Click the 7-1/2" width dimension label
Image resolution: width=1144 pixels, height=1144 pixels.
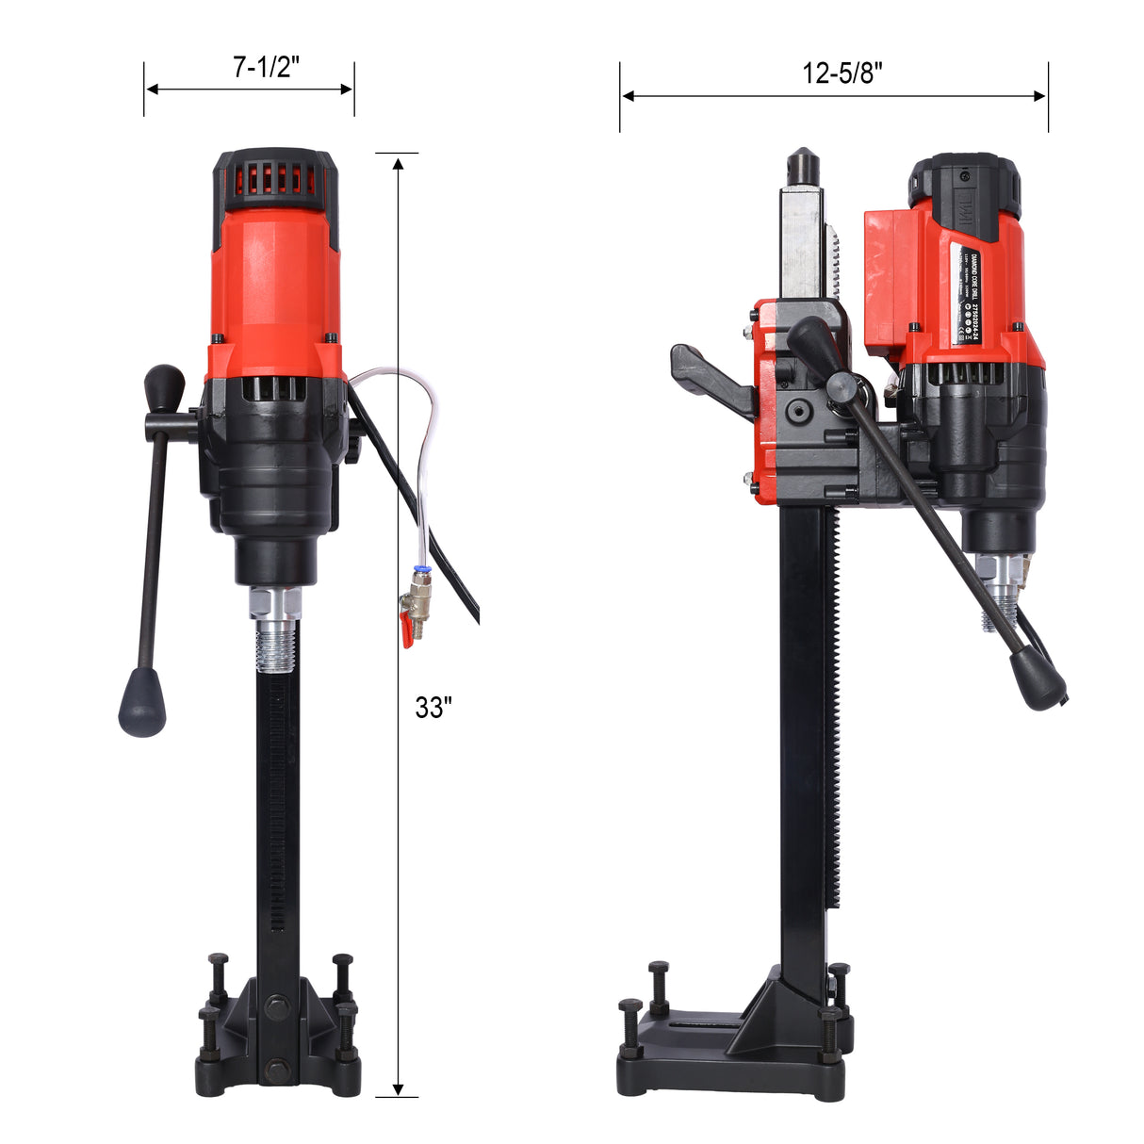click(266, 67)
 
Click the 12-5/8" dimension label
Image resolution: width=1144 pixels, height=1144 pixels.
click(842, 73)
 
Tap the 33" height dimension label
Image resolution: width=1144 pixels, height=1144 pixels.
click(433, 708)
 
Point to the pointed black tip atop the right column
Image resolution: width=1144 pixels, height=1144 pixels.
click(802, 167)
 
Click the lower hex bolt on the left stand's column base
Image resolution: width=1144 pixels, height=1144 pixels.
click(277, 1068)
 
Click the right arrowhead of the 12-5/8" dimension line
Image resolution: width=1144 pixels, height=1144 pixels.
click(1040, 95)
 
